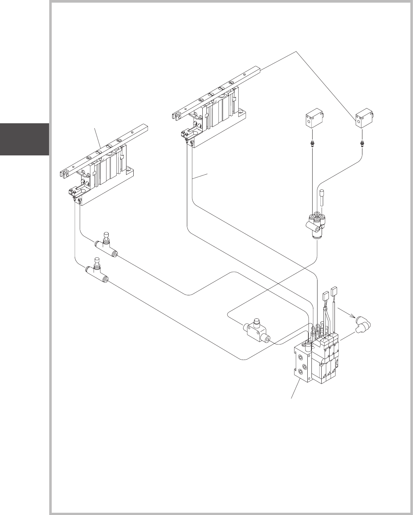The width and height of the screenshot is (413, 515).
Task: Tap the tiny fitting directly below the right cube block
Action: (362, 143)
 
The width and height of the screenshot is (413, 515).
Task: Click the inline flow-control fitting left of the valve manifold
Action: (256, 331)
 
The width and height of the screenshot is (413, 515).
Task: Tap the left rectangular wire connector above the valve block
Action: (326, 297)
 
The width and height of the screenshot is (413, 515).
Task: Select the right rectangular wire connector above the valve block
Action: (334, 292)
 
